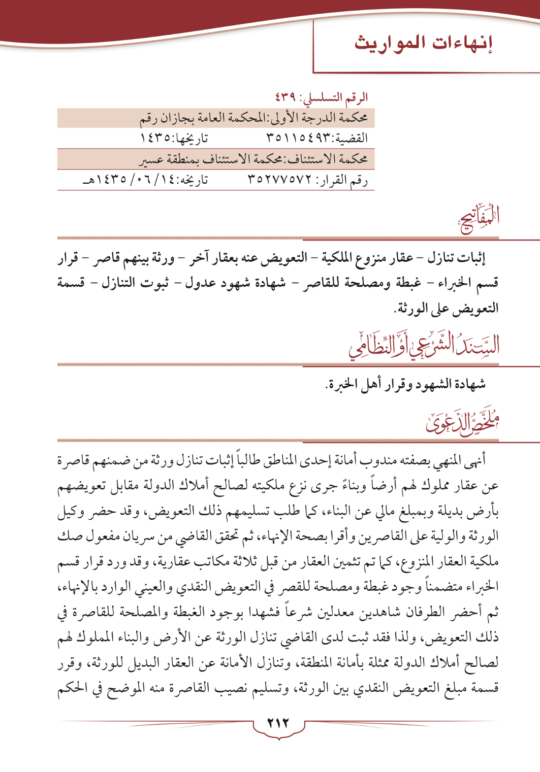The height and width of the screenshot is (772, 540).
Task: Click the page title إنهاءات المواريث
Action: (x=424, y=43)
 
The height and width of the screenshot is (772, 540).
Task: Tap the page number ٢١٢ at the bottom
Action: (x=278, y=723)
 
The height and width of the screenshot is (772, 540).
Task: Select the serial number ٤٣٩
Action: (x=286, y=96)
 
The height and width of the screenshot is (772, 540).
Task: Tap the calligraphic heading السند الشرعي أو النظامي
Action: (x=424, y=346)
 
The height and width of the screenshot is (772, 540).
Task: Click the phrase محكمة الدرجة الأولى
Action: (x=325, y=118)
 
